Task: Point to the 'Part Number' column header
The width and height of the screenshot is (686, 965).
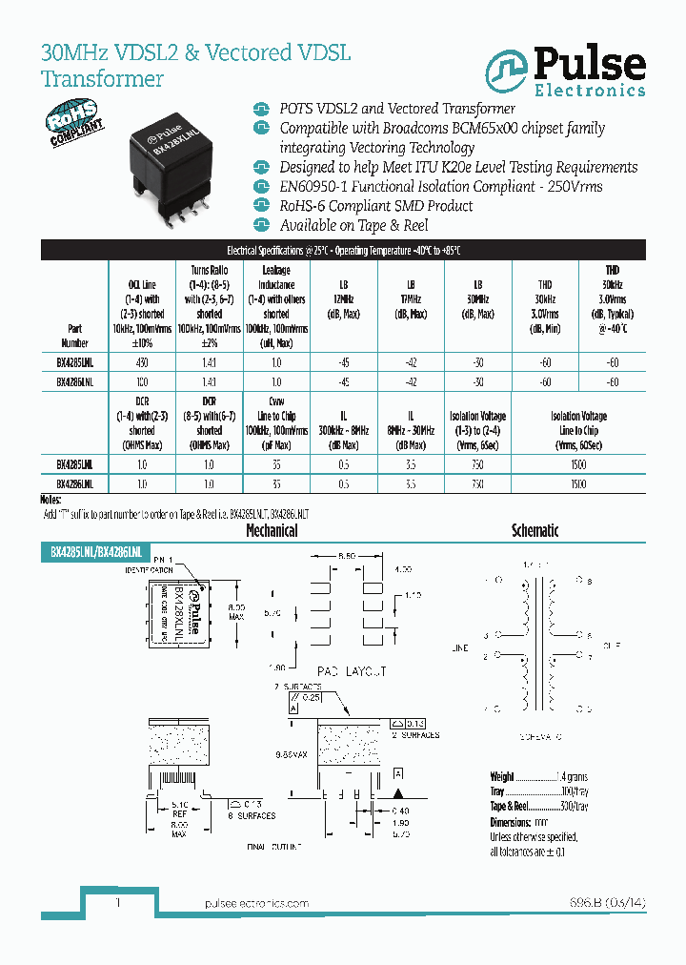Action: click(74, 335)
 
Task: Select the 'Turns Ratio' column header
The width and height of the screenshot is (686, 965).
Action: click(209, 271)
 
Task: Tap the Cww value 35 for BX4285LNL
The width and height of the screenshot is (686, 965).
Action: click(276, 464)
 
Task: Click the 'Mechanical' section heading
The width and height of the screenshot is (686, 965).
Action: click(272, 531)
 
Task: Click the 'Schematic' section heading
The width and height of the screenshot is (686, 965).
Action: click(535, 531)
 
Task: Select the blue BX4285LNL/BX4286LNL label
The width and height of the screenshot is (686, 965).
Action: click(95, 552)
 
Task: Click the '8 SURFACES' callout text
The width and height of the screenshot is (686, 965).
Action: click(250, 815)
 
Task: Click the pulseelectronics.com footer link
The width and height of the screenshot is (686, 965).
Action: click(257, 903)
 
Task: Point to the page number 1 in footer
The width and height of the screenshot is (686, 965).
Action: click(117, 902)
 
